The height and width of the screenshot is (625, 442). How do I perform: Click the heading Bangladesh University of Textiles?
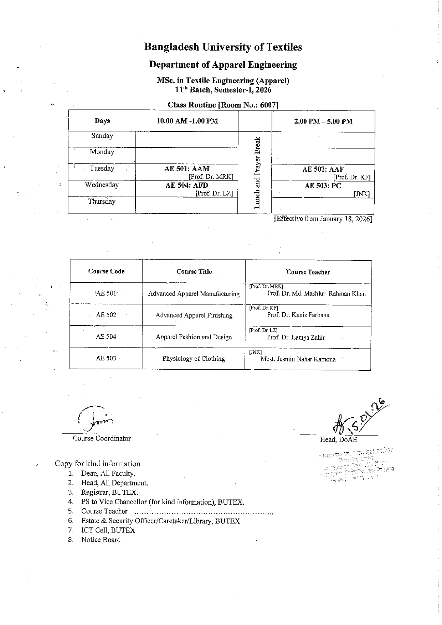(x=223, y=47)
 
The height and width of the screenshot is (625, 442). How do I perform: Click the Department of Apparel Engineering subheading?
(x=223, y=64)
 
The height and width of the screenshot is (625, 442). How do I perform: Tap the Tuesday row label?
(x=102, y=168)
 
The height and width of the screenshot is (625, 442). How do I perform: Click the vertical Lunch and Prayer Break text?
(x=257, y=172)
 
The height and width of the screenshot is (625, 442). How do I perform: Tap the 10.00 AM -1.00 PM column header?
(x=187, y=121)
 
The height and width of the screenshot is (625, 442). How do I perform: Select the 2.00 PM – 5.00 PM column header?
(x=323, y=121)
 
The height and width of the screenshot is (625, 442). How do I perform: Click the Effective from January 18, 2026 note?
(x=323, y=219)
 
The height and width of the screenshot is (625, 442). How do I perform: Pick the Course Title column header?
(x=194, y=272)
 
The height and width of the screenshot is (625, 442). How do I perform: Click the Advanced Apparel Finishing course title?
(x=194, y=315)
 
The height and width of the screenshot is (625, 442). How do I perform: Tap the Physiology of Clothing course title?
(x=194, y=359)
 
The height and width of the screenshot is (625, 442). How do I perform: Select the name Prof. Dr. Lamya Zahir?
(x=296, y=337)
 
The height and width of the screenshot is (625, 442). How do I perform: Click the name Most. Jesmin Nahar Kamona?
(x=298, y=359)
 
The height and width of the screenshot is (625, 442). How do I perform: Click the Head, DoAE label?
(x=338, y=439)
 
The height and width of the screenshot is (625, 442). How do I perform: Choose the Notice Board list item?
(x=101, y=540)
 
